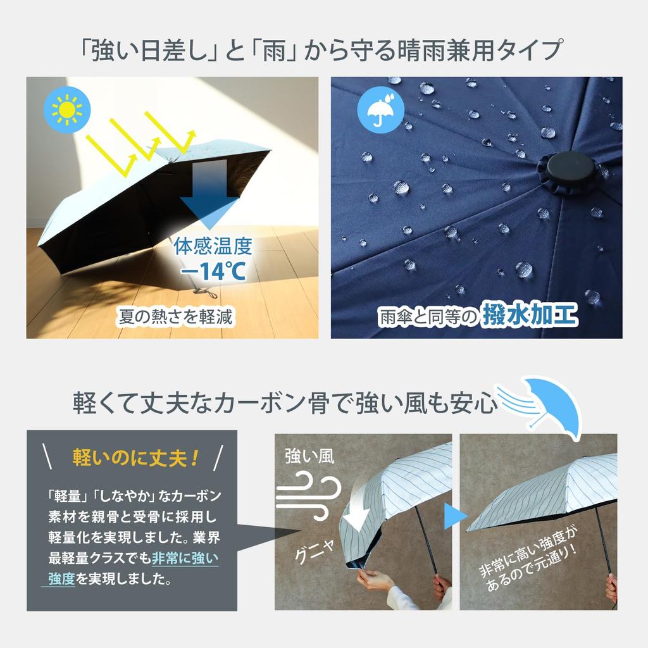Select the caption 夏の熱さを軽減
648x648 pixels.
(176, 317)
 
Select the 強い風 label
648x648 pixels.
(309, 456)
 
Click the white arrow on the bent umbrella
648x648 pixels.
(356, 513)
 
